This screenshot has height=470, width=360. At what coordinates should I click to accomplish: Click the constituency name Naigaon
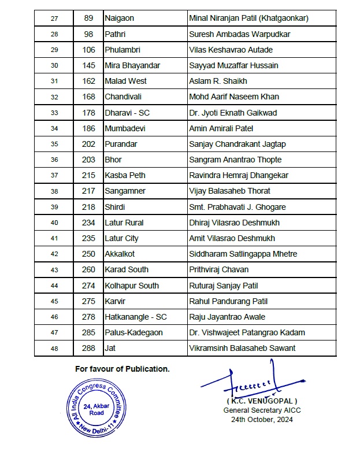(119, 18)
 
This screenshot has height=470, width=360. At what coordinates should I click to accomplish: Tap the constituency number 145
(88, 65)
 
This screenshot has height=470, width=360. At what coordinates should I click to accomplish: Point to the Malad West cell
(125, 81)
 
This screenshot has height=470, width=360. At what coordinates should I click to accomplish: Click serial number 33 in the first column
(54, 113)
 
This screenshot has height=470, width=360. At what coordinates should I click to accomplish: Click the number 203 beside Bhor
(88, 160)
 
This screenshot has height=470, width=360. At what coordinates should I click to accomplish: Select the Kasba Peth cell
(125, 175)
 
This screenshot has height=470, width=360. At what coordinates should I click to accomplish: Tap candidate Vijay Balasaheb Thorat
(229, 191)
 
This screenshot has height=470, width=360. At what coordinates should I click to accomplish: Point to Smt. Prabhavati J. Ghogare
(237, 207)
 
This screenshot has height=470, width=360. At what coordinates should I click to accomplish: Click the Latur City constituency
(121, 238)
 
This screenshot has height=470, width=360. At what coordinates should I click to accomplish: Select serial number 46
(54, 317)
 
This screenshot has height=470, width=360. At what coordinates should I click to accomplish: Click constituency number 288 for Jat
(88, 348)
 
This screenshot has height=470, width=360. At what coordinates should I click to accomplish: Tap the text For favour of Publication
(122, 369)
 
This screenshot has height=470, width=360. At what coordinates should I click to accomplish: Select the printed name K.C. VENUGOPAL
(262, 401)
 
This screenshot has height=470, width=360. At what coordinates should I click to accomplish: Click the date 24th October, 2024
(262, 420)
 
